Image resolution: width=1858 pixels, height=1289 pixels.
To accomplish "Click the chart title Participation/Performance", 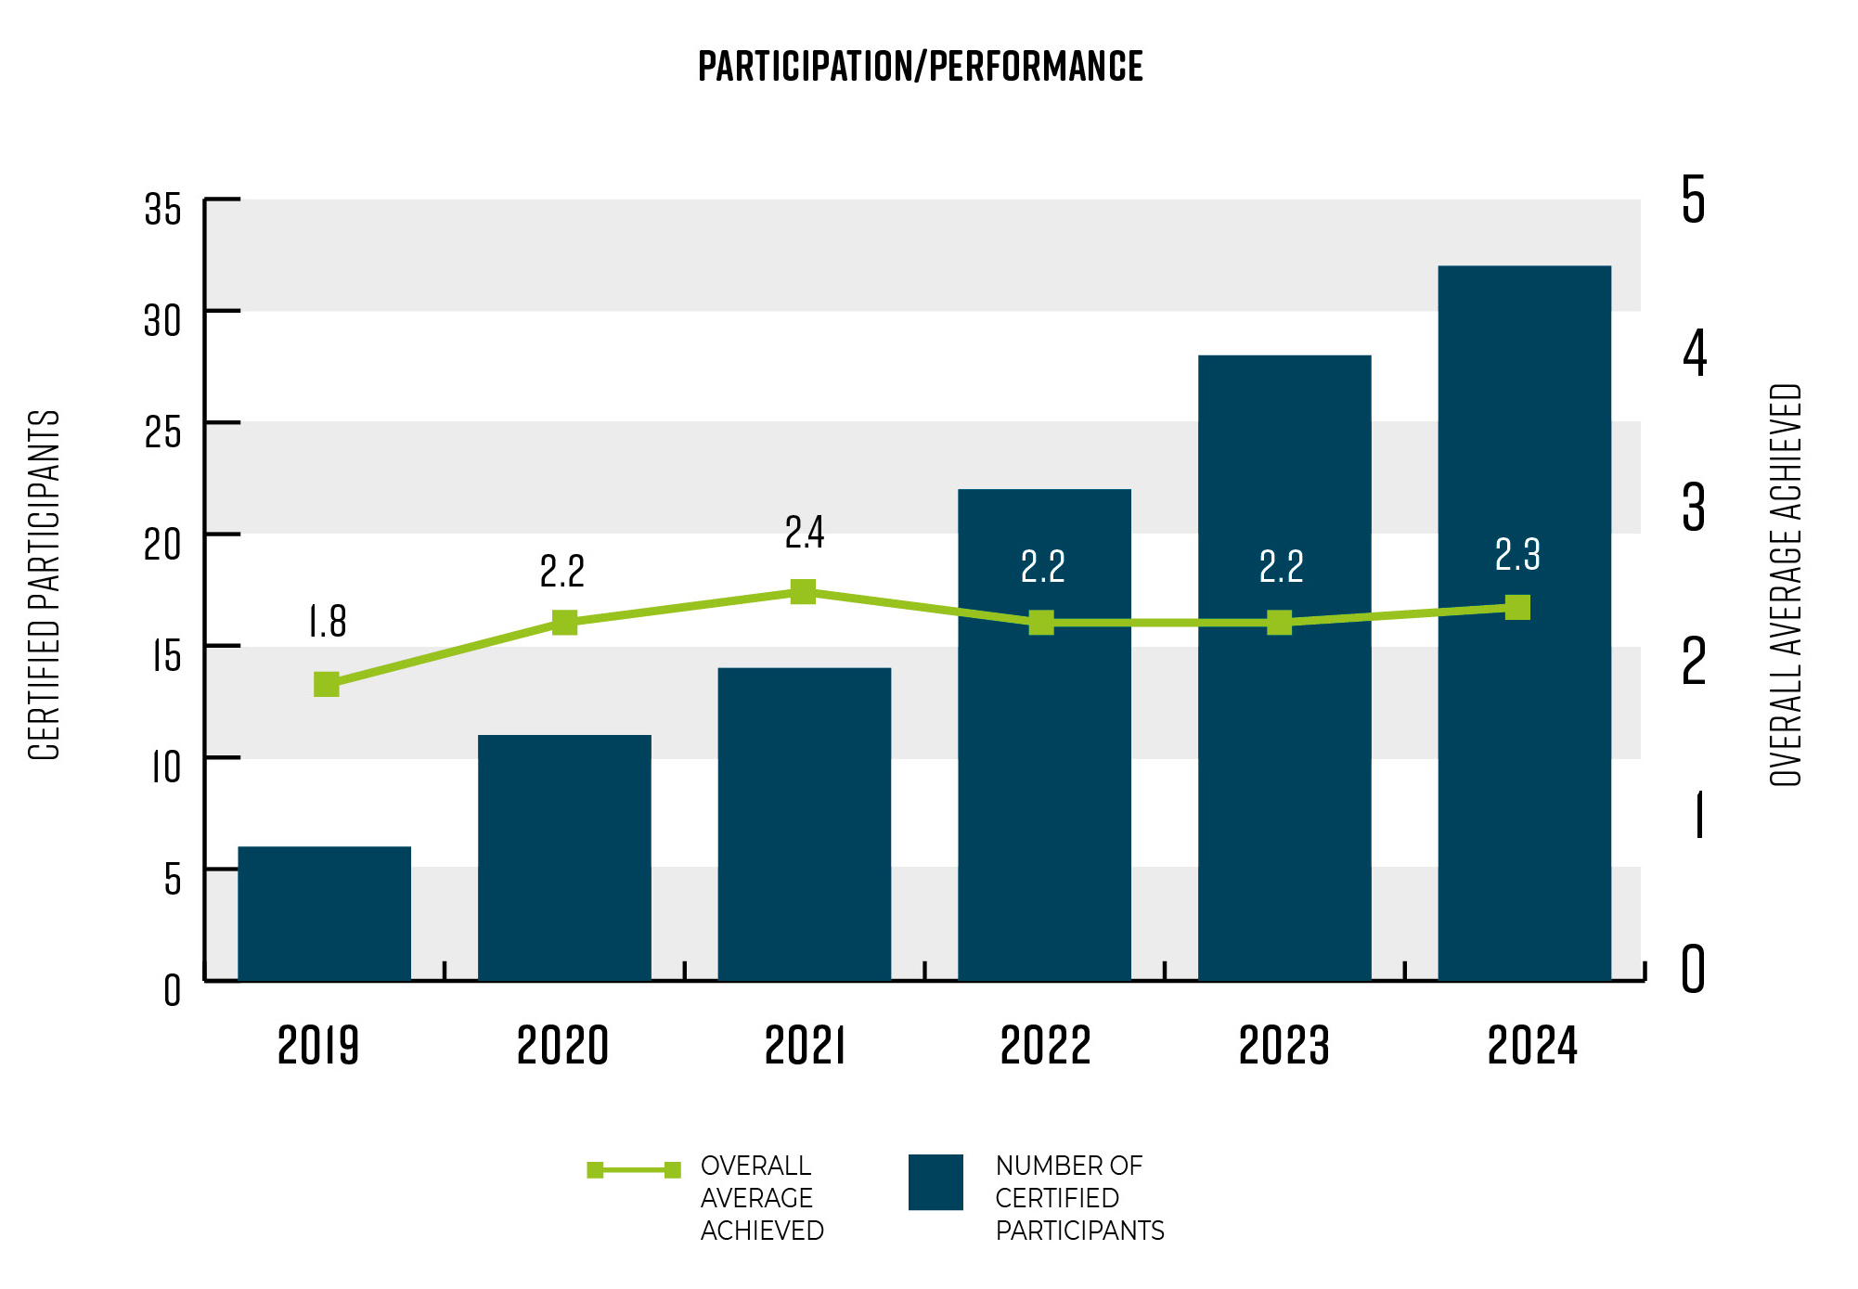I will pyautogui.click(x=920, y=67).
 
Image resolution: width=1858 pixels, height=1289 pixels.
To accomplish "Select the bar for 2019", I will pyautogui.click(x=324, y=913).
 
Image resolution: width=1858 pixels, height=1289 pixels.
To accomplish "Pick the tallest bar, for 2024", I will pyautogui.click(x=1524, y=622).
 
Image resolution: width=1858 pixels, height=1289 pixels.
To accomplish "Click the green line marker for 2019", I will pyautogui.click(x=327, y=685).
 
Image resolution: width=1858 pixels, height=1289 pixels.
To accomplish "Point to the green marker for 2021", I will pyautogui.click(x=803, y=592).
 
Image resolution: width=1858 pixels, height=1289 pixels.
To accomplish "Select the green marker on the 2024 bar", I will pyautogui.click(x=1517, y=608).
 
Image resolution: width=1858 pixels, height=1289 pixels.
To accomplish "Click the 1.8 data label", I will pyautogui.click(x=328, y=622).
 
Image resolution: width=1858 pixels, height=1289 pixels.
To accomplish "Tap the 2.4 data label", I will pyautogui.click(x=804, y=533).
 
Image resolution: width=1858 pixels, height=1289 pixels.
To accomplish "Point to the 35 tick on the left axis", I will pyautogui.click(x=162, y=209).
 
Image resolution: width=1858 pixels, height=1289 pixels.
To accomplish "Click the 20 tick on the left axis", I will pyautogui.click(x=162, y=544).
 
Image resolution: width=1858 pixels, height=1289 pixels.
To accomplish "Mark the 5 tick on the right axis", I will pyautogui.click(x=1694, y=200).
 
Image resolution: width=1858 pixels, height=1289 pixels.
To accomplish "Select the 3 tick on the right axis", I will pyautogui.click(x=1694, y=508).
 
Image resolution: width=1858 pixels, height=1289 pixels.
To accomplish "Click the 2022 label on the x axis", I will pyautogui.click(x=1045, y=1046).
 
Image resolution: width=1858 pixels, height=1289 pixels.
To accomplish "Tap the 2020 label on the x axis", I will pyautogui.click(x=562, y=1046).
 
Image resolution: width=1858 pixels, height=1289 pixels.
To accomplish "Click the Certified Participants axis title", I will pyautogui.click(x=44, y=585).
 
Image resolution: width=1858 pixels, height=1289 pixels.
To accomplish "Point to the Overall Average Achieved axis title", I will pyautogui.click(x=1785, y=585).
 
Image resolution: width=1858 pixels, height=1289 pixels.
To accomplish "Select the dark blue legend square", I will pyautogui.click(x=935, y=1182).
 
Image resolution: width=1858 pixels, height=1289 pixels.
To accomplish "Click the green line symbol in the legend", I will pyautogui.click(x=634, y=1170).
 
